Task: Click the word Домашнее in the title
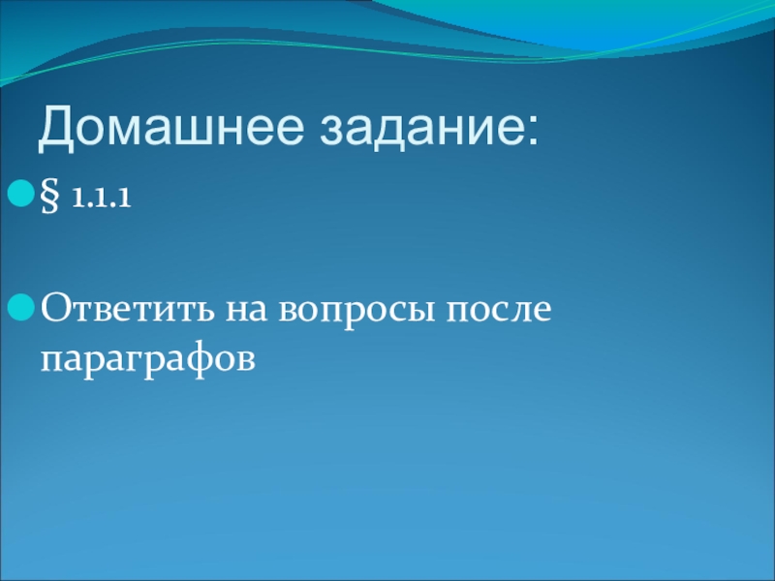click(170, 128)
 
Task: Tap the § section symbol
click(49, 196)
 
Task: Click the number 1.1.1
click(102, 198)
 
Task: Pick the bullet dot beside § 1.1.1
click(20, 193)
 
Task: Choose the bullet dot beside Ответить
click(20, 307)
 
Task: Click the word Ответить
click(127, 307)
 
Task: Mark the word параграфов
click(148, 359)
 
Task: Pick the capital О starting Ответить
click(54, 307)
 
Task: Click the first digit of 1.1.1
click(77, 198)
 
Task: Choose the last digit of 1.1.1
click(125, 198)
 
